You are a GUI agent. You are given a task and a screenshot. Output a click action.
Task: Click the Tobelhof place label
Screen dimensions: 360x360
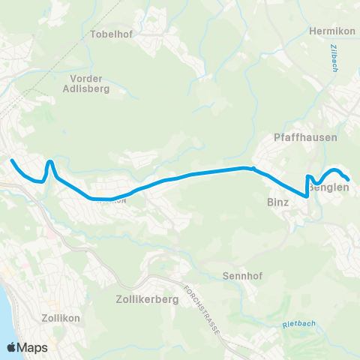tap(110, 34)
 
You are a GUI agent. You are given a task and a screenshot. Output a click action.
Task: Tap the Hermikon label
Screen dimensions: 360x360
tap(330, 31)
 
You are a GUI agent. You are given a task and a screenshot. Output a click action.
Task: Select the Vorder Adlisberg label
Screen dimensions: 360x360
tap(89, 83)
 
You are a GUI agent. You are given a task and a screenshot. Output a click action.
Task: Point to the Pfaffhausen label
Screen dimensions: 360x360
tap(305, 138)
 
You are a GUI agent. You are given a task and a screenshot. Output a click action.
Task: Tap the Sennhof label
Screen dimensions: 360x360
tap(241, 276)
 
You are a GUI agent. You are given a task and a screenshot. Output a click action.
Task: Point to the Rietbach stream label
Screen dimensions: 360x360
tap(298, 325)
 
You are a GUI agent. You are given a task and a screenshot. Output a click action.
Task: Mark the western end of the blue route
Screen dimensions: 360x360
tap(11, 160)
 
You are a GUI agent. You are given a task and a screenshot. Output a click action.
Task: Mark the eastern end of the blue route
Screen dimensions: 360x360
tap(349, 179)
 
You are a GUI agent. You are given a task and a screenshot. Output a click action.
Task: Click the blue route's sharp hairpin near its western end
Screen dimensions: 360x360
tap(49, 161)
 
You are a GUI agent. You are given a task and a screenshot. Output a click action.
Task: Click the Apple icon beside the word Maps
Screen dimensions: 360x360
tap(11, 346)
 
